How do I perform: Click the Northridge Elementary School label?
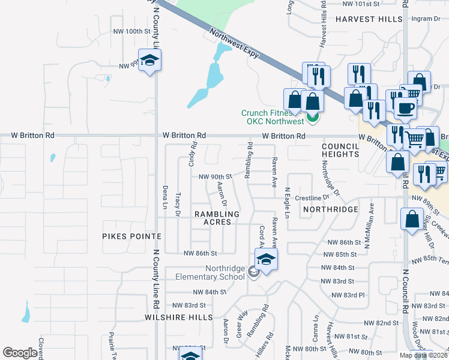(x=208, y=272)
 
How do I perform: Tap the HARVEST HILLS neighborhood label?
(x=369, y=19)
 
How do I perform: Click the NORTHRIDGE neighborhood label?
(x=330, y=209)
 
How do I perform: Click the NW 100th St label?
(x=129, y=31)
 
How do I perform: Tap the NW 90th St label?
(x=215, y=176)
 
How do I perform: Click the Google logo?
(x=20, y=353)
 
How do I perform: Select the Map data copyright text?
(x=423, y=355)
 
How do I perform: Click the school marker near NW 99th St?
(x=150, y=60)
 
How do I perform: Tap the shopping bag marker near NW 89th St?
(x=412, y=219)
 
